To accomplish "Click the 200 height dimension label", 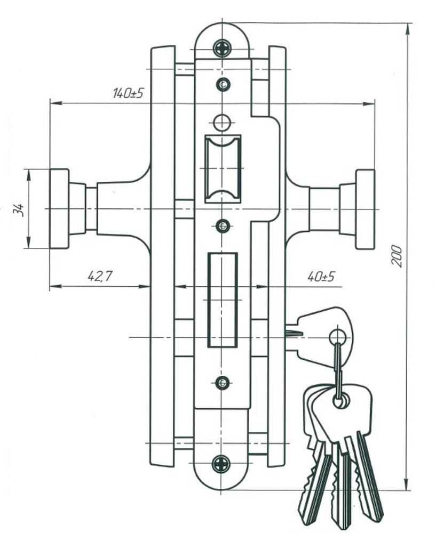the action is tap(397, 255).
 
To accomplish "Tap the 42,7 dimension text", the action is tap(100, 276).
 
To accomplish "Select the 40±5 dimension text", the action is tap(321, 276).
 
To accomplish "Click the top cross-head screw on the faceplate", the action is tap(222, 49).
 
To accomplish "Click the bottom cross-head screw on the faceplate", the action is tap(221, 464).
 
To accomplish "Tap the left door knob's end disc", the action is tap(59, 209).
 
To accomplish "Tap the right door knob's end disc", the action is tap(365, 209).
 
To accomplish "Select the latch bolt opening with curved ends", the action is tap(223, 169).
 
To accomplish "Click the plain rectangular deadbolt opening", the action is tap(223, 300).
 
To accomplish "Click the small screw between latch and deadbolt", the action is tap(223, 225).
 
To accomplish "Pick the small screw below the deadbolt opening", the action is tap(222, 383).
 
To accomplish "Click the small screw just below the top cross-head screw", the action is tap(223, 84).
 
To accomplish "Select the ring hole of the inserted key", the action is tap(338, 337).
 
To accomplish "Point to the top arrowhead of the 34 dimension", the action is tap(28, 175).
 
